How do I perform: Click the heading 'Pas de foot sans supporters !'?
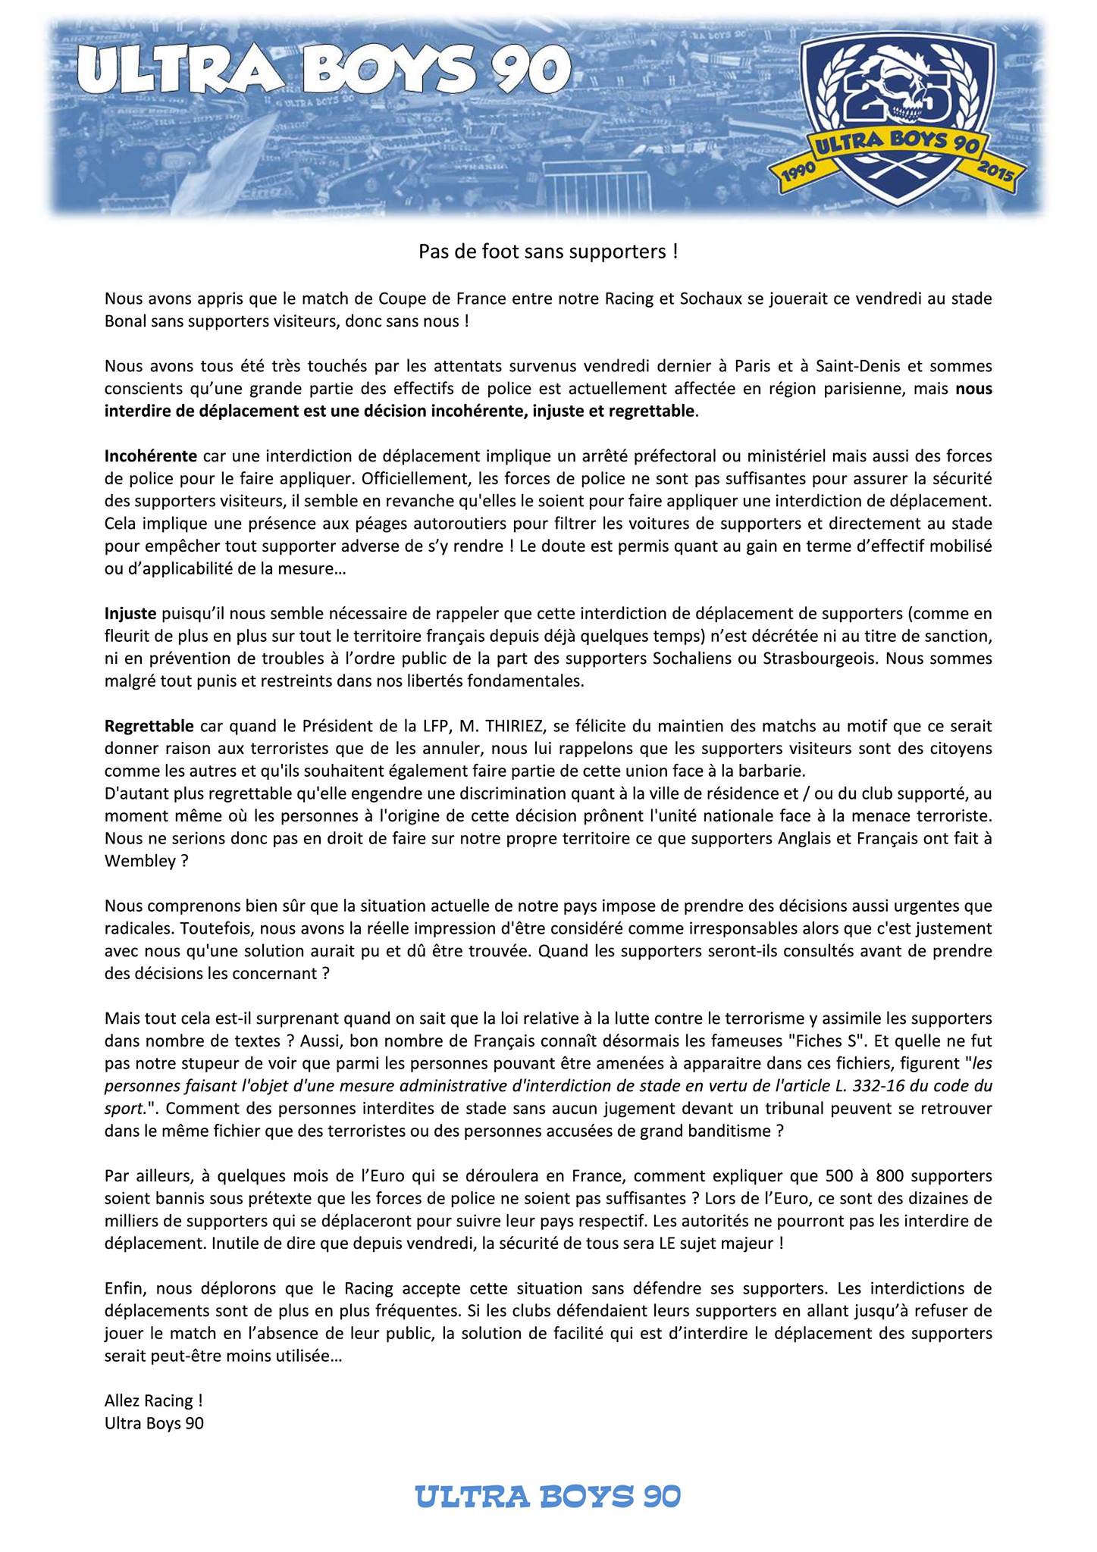[548, 252]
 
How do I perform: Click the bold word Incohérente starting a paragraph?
[150, 456]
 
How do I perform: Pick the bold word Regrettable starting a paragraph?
[149, 726]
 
